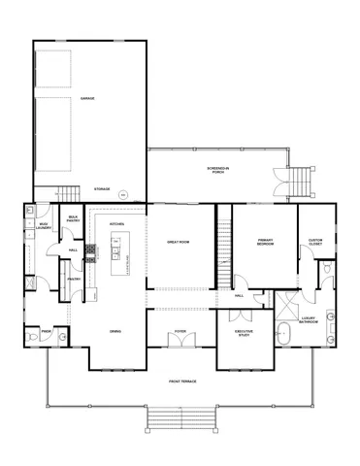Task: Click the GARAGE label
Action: [x=87, y=99]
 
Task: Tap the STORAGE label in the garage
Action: [x=101, y=188]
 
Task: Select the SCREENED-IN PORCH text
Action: [x=218, y=169]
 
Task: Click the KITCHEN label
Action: [x=117, y=223]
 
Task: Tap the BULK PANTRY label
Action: [x=73, y=219]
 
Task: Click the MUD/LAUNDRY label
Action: [x=44, y=225]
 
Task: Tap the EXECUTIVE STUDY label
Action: [x=245, y=333]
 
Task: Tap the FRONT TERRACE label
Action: [x=181, y=382]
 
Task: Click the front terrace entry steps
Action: [x=180, y=418]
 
